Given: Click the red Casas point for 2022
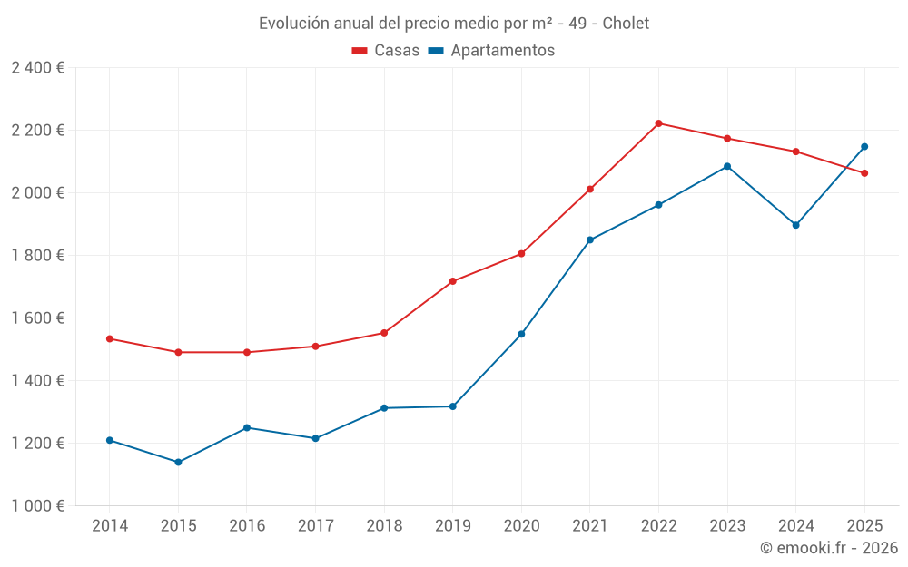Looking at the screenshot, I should [x=658, y=123].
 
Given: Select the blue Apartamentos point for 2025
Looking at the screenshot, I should [x=864, y=146].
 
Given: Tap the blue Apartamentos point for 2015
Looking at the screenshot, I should [x=178, y=462].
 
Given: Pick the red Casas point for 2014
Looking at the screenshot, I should [x=110, y=338].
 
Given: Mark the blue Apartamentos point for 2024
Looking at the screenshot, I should [x=795, y=225].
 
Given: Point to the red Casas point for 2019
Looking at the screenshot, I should [x=452, y=281].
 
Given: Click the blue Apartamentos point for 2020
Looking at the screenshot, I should [x=521, y=334].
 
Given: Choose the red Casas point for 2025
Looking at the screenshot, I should [x=864, y=173].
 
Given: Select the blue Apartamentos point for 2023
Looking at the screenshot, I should [x=727, y=166].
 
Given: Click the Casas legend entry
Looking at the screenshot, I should [x=387, y=51].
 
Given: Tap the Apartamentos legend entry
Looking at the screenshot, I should [x=491, y=51].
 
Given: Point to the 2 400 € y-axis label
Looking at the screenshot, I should [x=37, y=68].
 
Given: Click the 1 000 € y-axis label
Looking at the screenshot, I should [x=37, y=506].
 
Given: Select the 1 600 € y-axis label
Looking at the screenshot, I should [x=37, y=318].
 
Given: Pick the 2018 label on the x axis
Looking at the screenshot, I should [x=384, y=525].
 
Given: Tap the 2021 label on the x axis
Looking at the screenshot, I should [x=590, y=525].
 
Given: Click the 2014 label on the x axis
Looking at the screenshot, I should [x=110, y=525].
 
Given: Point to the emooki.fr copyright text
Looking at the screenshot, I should [x=829, y=548].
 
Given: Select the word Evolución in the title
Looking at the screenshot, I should [x=293, y=24].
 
